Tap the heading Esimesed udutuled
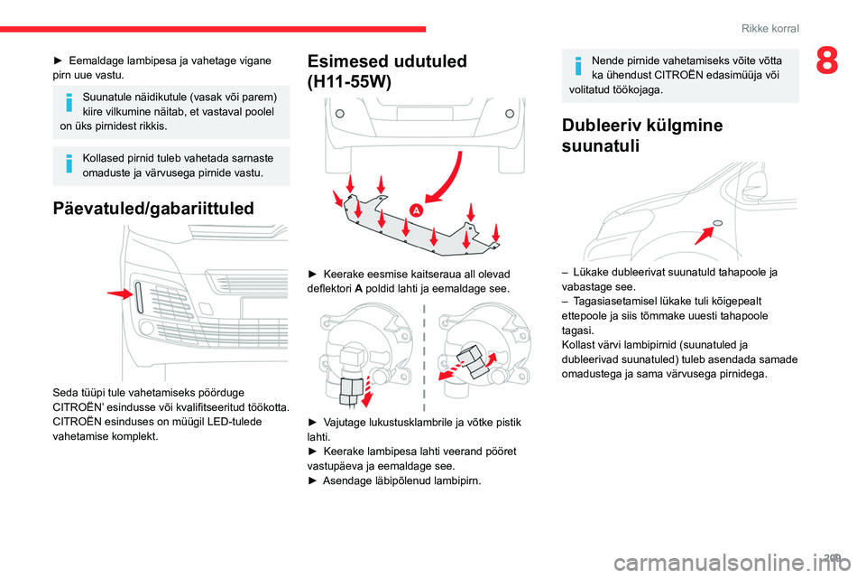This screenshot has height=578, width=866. pos(387,61)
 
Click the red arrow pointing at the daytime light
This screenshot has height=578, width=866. pos(118,294)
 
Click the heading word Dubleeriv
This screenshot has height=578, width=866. pos(602,126)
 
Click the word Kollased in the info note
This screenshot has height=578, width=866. pos(104,157)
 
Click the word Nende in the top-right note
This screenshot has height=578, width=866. pos(607,61)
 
